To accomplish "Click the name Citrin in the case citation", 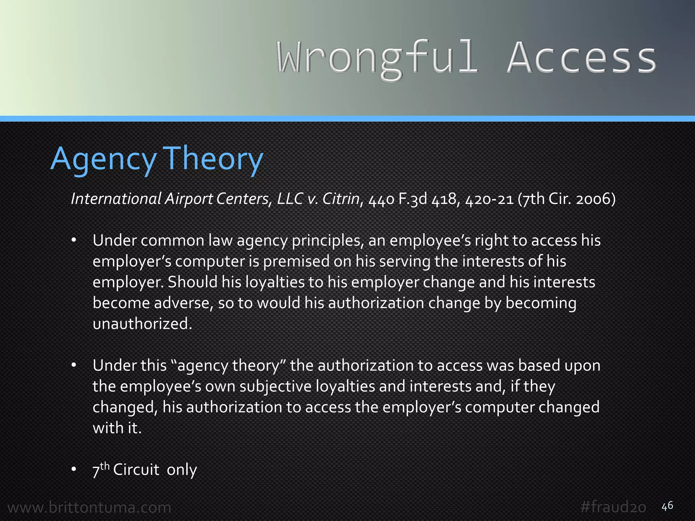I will tap(341, 199).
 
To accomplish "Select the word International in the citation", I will tap(116, 199).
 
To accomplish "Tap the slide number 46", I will tap(667, 506).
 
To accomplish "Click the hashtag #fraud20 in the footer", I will tap(613, 507).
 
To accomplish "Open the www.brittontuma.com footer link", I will tap(89, 507).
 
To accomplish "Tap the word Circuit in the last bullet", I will tap(136, 470).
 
